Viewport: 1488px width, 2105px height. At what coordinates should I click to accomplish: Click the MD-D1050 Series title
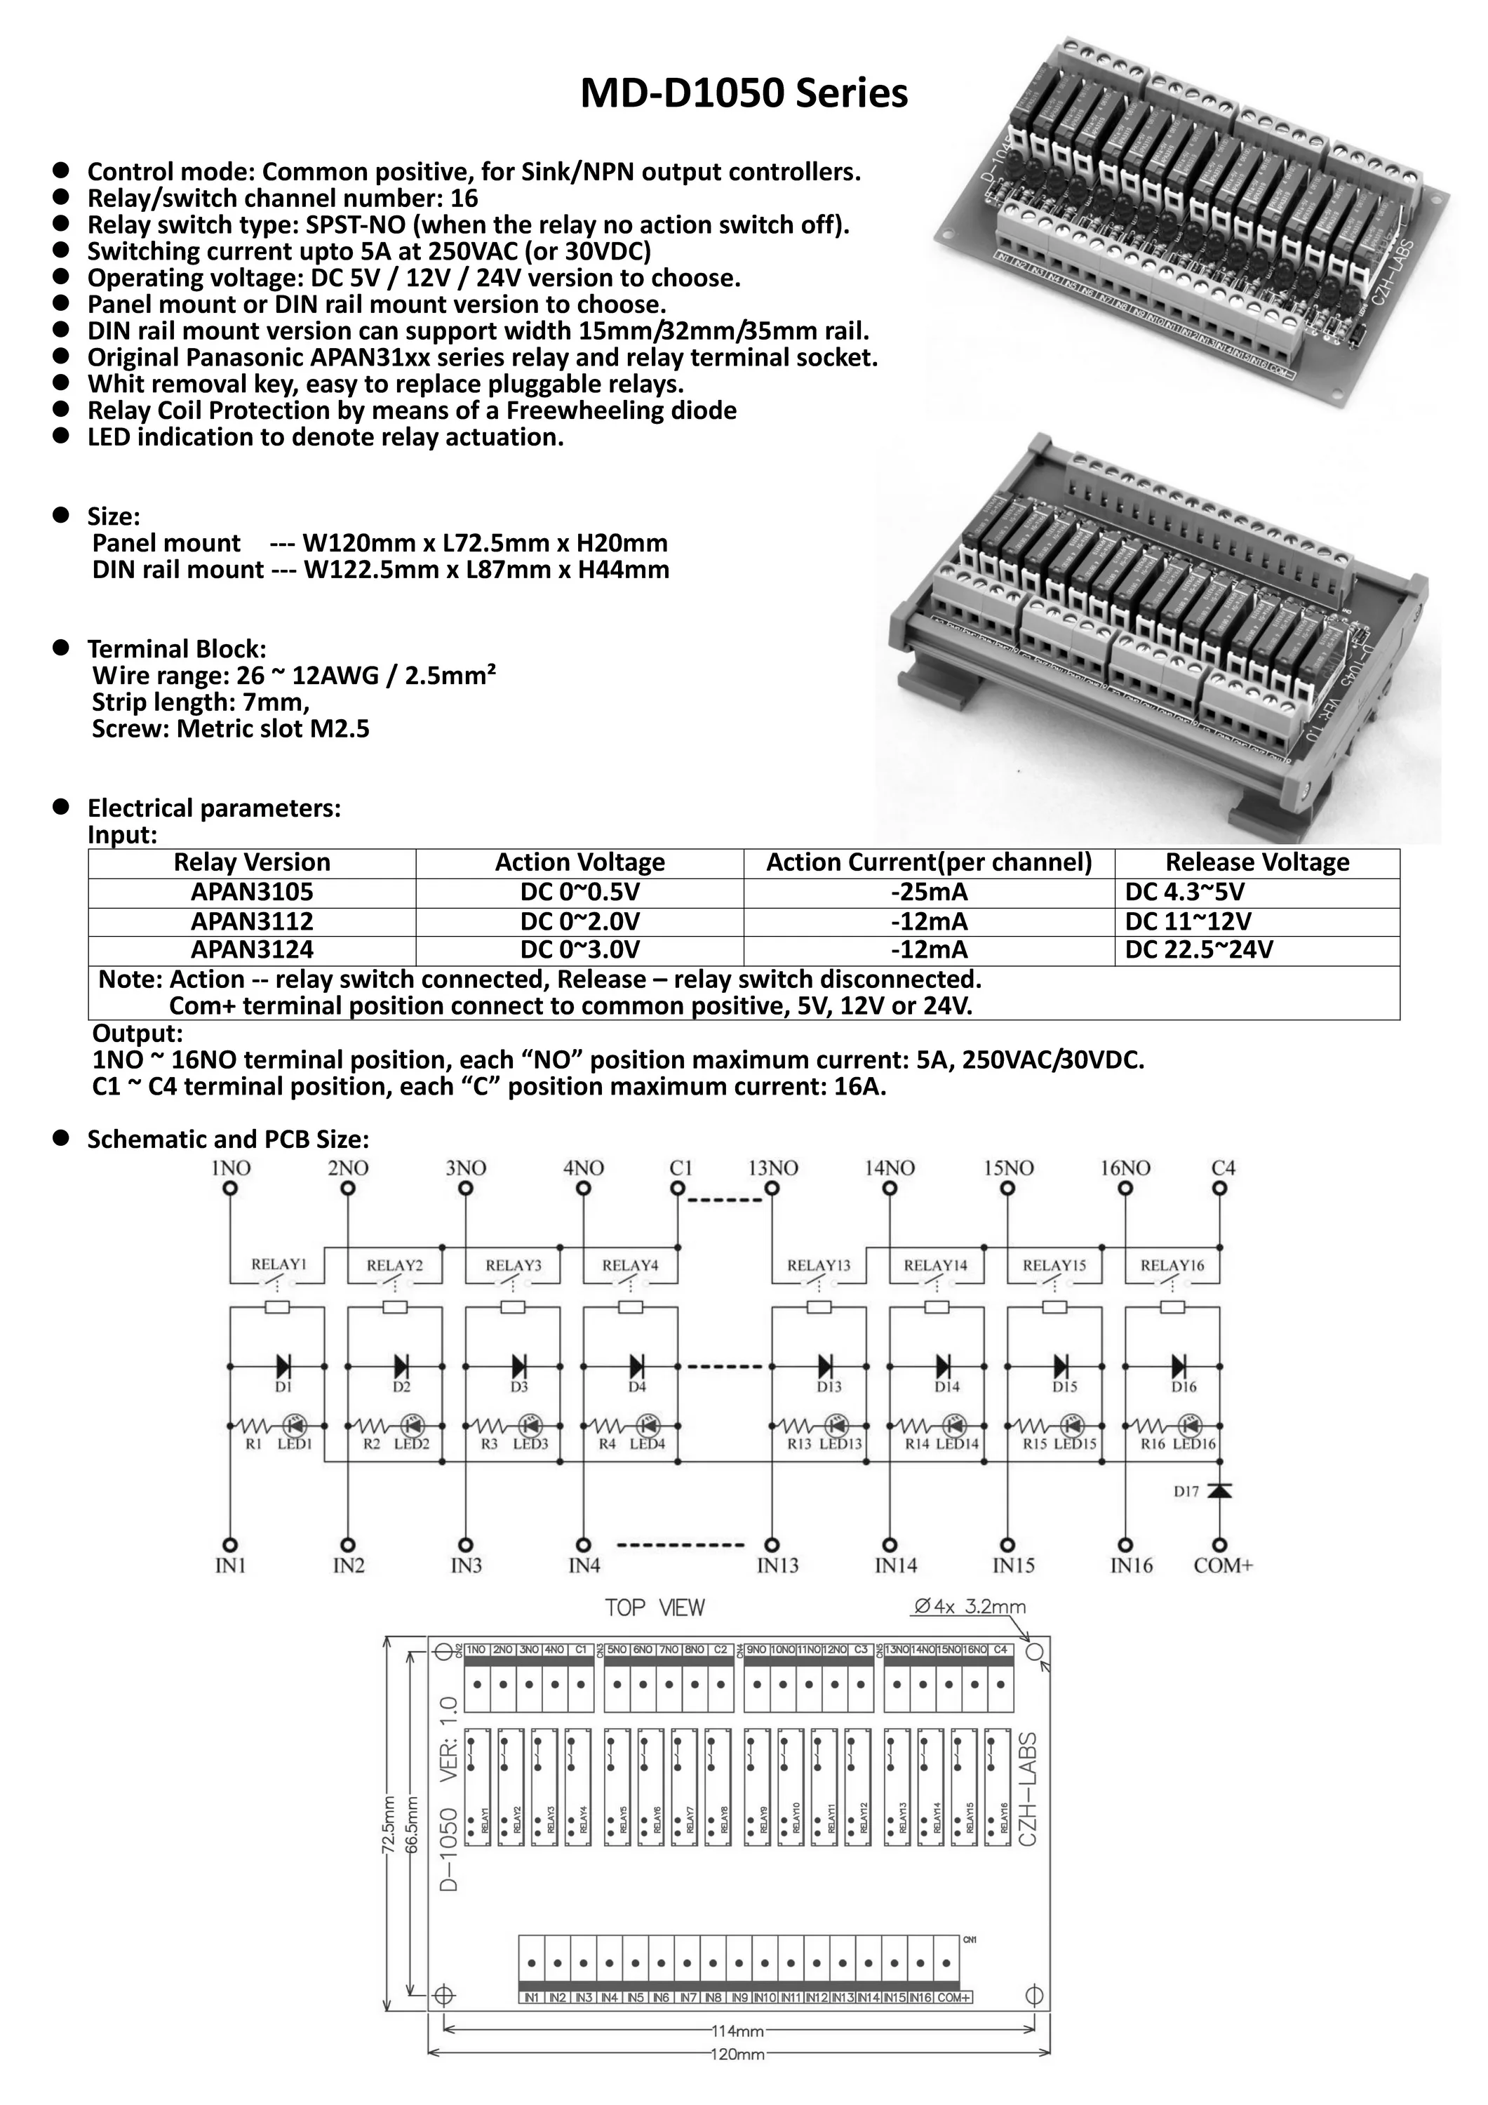744,93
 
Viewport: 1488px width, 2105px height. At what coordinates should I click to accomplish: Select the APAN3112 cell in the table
251,921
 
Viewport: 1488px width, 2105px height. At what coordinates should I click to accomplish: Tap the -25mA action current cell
929,892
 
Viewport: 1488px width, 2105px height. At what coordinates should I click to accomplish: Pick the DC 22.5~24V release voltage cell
1198,950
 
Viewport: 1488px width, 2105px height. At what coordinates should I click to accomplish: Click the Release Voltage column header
1257,863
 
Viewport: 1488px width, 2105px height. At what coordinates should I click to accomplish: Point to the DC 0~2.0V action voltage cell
579,921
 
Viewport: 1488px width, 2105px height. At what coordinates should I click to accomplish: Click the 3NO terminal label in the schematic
465,1168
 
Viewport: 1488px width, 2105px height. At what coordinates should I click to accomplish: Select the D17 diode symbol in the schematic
1219,1492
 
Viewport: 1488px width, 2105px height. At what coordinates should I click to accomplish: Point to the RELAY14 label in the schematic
935,1265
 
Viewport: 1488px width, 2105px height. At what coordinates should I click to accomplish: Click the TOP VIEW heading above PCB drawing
655,1608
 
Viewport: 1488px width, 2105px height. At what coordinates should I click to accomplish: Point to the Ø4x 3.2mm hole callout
970,1606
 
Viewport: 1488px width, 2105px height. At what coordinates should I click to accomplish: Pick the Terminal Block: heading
177,649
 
